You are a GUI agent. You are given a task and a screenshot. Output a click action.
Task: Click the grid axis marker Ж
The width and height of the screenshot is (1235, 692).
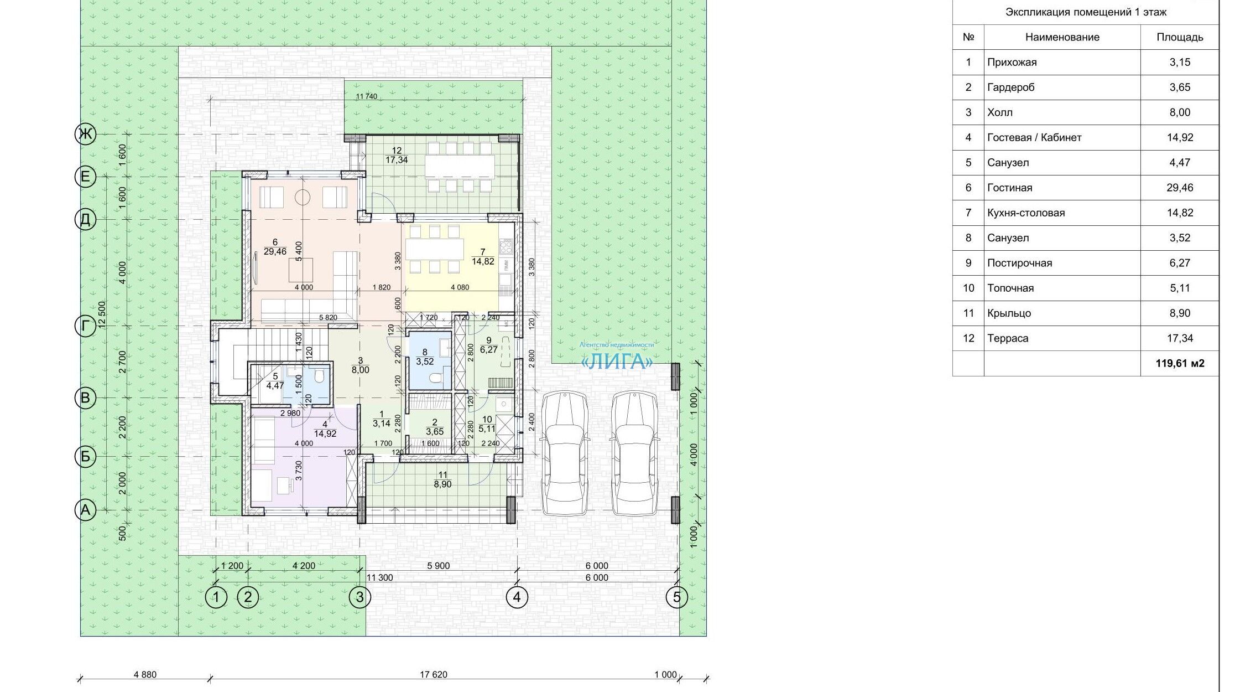pyautogui.click(x=85, y=134)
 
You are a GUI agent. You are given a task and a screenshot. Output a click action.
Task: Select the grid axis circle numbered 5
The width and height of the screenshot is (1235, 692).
pyautogui.click(x=677, y=597)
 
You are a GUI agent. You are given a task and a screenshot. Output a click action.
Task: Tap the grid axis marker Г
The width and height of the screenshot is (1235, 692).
pyautogui.click(x=85, y=326)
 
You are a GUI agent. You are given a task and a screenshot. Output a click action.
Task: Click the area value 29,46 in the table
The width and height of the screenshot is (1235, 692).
pyautogui.click(x=1180, y=188)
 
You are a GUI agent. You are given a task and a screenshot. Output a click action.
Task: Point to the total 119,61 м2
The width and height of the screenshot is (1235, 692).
pyautogui.click(x=1180, y=364)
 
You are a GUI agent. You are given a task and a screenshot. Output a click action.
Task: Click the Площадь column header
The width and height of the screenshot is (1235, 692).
pyautogui.click(x=1180, y=37)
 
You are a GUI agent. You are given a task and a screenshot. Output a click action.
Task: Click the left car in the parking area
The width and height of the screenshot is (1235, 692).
pyautogui.click(x=564, y=453)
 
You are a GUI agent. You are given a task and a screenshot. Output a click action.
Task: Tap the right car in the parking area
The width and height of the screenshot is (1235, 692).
pyautogui.click(x=634, y=453)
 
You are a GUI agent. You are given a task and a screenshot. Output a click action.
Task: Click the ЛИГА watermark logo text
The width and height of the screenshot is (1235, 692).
pyautogui.click(x=617, y=362)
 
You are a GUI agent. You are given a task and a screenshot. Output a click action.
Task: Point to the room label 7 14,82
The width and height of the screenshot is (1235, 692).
pyautogui.click(x=483, y=257)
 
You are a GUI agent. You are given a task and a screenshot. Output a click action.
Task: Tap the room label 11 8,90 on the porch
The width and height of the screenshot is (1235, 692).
pyautogui.click(x=442, y=479)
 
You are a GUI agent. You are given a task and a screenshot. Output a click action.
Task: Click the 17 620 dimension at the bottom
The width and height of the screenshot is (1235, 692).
pyautogui.click(x=434, y=674)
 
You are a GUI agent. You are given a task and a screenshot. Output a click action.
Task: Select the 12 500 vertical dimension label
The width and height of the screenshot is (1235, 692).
pyautogui.click(x=102, y=316)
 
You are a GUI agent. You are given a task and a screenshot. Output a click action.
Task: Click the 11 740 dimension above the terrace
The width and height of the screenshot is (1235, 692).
pyautogui.click(x=367, y=96)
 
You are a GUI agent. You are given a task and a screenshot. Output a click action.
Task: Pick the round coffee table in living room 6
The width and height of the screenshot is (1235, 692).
pyautogui.click(x=303, y=197)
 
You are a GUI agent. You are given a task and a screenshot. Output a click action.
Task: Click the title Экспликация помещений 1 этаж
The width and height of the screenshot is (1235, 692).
pyautogui.click(x=1086, y=12)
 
